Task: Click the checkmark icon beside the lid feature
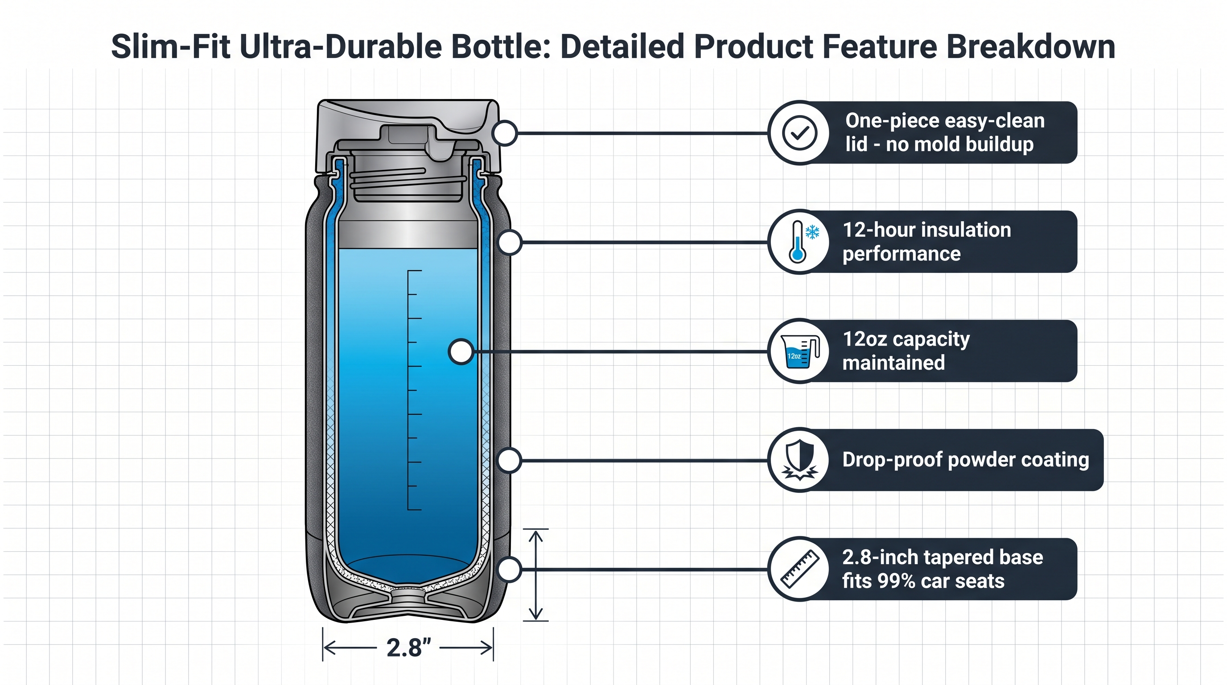tap(800, 133)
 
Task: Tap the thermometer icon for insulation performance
tap(800, 242)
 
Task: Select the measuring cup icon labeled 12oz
tap(800, 351)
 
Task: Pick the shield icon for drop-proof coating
tap(800, 460)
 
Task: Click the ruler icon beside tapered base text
tap(800, 569)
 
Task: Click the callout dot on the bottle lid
tap(505, 133)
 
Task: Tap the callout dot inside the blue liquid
tap(461, 351)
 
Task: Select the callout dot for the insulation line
tap(510, 243)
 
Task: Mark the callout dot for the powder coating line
tap(509, 461)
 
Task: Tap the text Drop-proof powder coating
tap(965, 460)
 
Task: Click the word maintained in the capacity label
tap(893, 363)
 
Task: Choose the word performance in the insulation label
tap(901, 254)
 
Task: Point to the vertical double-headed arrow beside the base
tap(536, 575)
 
